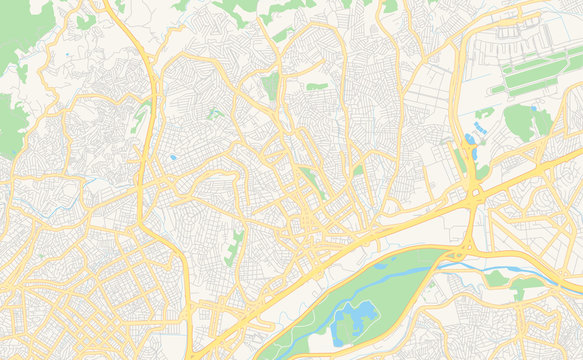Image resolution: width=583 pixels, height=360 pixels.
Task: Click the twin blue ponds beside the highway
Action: [470, 139]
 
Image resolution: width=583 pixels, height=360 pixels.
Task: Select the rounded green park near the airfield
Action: [521, 121]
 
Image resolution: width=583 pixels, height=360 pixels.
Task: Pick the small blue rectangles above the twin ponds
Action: [481, 129]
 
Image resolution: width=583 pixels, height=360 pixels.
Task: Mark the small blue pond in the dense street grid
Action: [173, 157]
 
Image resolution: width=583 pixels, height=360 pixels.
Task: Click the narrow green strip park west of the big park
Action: [236, 245]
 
